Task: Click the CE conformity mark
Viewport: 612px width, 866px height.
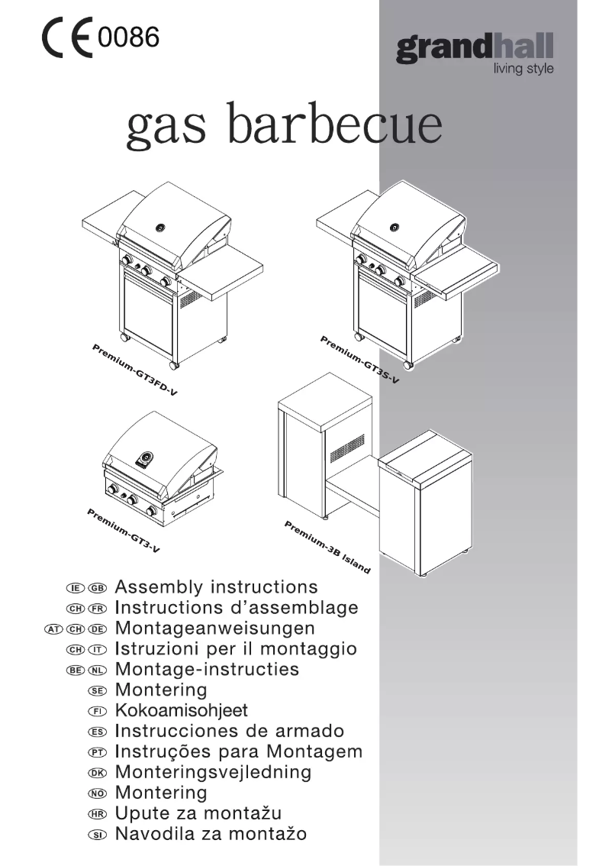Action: point(68,39)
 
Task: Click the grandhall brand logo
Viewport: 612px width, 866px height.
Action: point(475,50)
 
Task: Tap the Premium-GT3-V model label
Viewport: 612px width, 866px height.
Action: point(123,530)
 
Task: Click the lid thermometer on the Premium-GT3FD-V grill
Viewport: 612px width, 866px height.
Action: point(159,227)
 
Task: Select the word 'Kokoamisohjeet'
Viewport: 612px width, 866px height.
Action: point(181,710)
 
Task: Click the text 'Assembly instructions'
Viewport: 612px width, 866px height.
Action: point(216,587)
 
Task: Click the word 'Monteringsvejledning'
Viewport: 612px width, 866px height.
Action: point(213,772)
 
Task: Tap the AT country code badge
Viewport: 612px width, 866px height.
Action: point(54,629)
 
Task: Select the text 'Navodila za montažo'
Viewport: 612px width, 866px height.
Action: point(211,834)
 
